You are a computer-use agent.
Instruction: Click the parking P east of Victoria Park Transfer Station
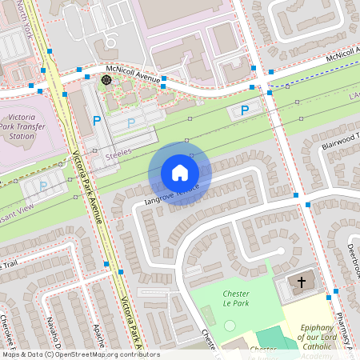coord(97,121)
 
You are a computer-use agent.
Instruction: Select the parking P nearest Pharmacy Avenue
coord(245,110)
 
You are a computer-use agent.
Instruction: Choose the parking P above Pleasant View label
coord(43,186)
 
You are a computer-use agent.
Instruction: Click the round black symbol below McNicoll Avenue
coord(106,80)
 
